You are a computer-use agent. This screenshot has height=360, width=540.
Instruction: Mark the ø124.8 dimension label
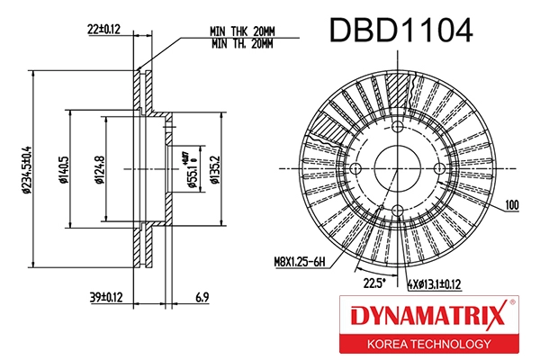99,167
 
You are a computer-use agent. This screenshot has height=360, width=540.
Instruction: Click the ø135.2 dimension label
214,167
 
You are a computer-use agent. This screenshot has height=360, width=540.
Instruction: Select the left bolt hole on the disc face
355,169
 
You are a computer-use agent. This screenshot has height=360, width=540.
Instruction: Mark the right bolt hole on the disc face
438,169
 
